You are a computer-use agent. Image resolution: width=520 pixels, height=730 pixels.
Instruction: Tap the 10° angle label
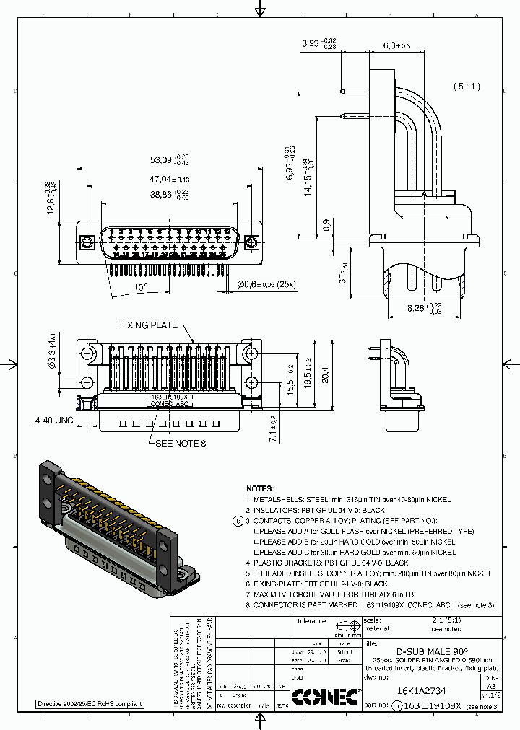(x=140, y=286)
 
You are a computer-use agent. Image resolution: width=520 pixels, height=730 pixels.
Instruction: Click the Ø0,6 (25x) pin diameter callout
(x=266, y=285)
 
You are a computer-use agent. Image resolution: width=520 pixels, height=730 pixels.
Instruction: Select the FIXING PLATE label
(x=149, y=325)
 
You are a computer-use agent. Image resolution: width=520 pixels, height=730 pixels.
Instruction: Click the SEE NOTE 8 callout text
(x=181, y=443)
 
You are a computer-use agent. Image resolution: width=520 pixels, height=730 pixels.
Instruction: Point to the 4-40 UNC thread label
(x=54, y=419)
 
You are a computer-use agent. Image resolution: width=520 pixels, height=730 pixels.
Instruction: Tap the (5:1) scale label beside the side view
(x=467, y=87)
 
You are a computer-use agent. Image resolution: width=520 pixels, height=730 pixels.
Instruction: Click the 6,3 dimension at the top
(x=395, y=45)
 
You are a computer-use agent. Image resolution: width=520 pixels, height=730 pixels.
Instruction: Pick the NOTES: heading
(x=261, y=488)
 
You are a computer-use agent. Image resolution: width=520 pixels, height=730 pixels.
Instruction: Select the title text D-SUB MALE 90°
(x=432, y=651)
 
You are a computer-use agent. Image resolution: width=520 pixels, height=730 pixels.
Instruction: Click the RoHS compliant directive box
(x=90, y=704)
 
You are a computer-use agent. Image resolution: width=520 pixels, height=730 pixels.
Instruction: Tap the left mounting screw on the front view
(x=86, y=241)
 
